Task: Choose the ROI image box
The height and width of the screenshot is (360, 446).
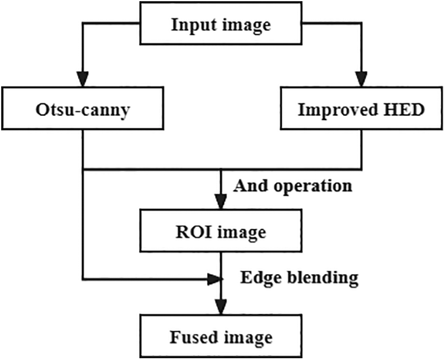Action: pyautogui.click(x=221, y=232)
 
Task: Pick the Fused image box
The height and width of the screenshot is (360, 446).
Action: pyautogui.click(x=221, y=338)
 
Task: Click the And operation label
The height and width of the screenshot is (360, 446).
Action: pyautogui.click(x=292, y=186)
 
